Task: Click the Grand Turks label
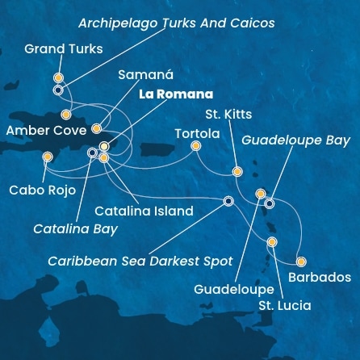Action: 64,48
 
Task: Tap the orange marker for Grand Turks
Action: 58,78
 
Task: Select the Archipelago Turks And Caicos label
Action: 176,23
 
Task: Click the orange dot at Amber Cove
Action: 96,128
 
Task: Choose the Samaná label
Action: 145,74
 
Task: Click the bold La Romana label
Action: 176,94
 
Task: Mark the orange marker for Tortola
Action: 196,146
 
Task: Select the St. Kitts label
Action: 228,114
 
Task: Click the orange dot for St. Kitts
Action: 237,171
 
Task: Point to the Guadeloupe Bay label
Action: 295,140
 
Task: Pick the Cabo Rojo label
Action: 42,190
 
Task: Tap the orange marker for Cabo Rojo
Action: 48,157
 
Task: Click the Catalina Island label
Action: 144,211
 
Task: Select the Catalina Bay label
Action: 75,229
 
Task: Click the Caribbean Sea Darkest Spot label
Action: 140,261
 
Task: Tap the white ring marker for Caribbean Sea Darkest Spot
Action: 228,201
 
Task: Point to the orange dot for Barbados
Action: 301,262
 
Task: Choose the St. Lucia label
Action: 284,306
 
